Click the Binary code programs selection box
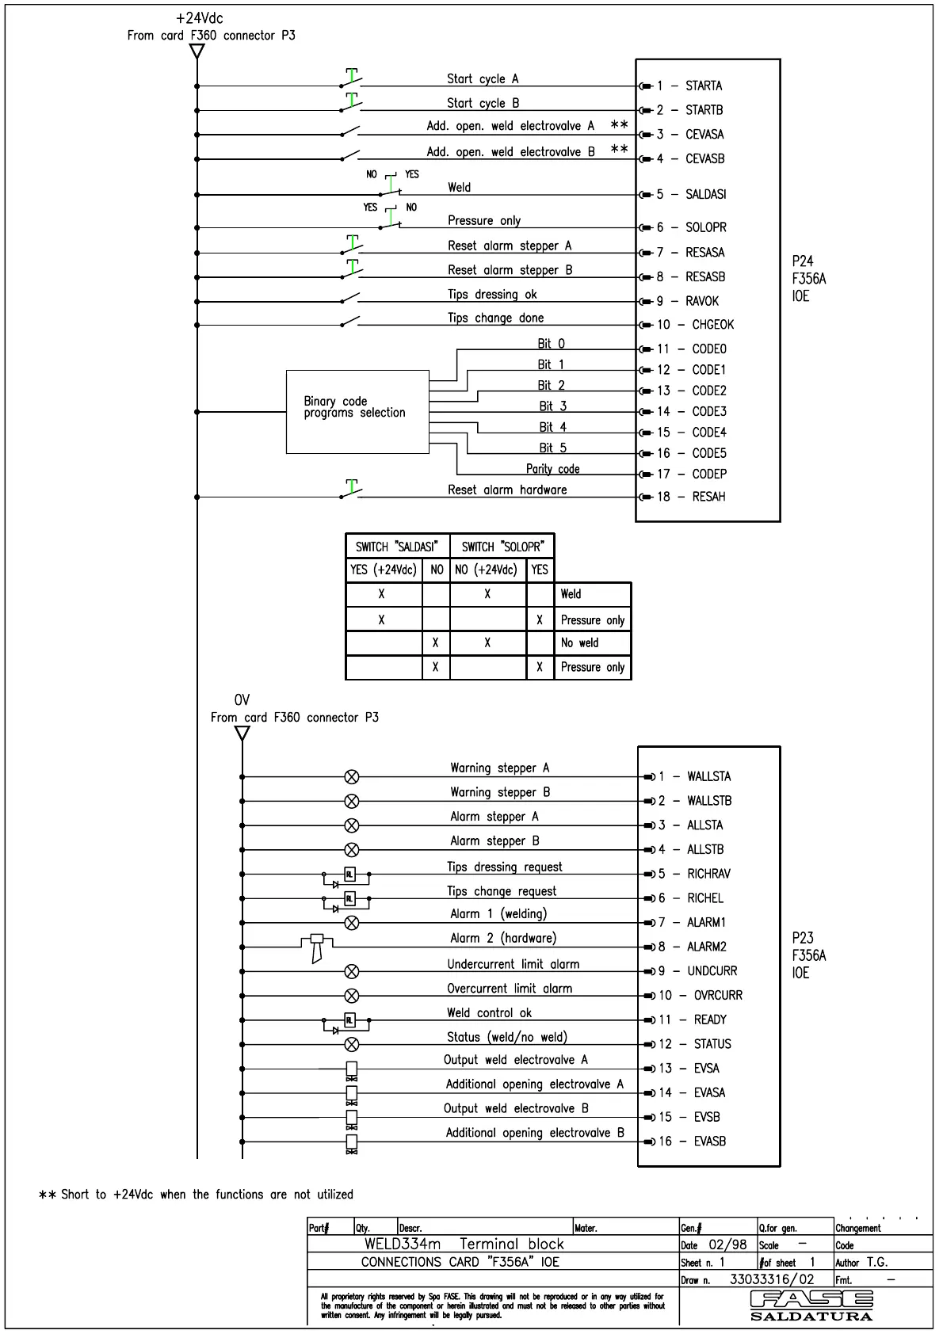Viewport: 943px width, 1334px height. coord(357,411)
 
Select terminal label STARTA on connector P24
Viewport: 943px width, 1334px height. coord(704,86)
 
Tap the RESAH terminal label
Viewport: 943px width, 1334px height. coord(708,497)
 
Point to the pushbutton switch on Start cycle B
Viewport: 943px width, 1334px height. coord(351,105)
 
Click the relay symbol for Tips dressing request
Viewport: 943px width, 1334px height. coord(349,875)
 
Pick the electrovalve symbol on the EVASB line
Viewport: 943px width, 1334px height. coord(352,1143)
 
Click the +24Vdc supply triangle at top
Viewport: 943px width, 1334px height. coord(197,51)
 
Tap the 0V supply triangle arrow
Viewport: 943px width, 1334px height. coord(242,734)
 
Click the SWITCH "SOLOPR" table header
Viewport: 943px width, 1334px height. coord(502,547)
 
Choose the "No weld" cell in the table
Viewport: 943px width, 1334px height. coord(579,643)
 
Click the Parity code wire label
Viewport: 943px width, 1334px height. coord(552,469)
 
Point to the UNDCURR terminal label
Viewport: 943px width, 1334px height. coord(712,971)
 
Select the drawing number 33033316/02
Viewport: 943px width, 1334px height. coord(771,1279)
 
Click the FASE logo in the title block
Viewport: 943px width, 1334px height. coord(811,1302)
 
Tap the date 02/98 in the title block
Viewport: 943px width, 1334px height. coord(727,1244)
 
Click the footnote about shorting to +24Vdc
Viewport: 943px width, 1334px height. coord(197,1195)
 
